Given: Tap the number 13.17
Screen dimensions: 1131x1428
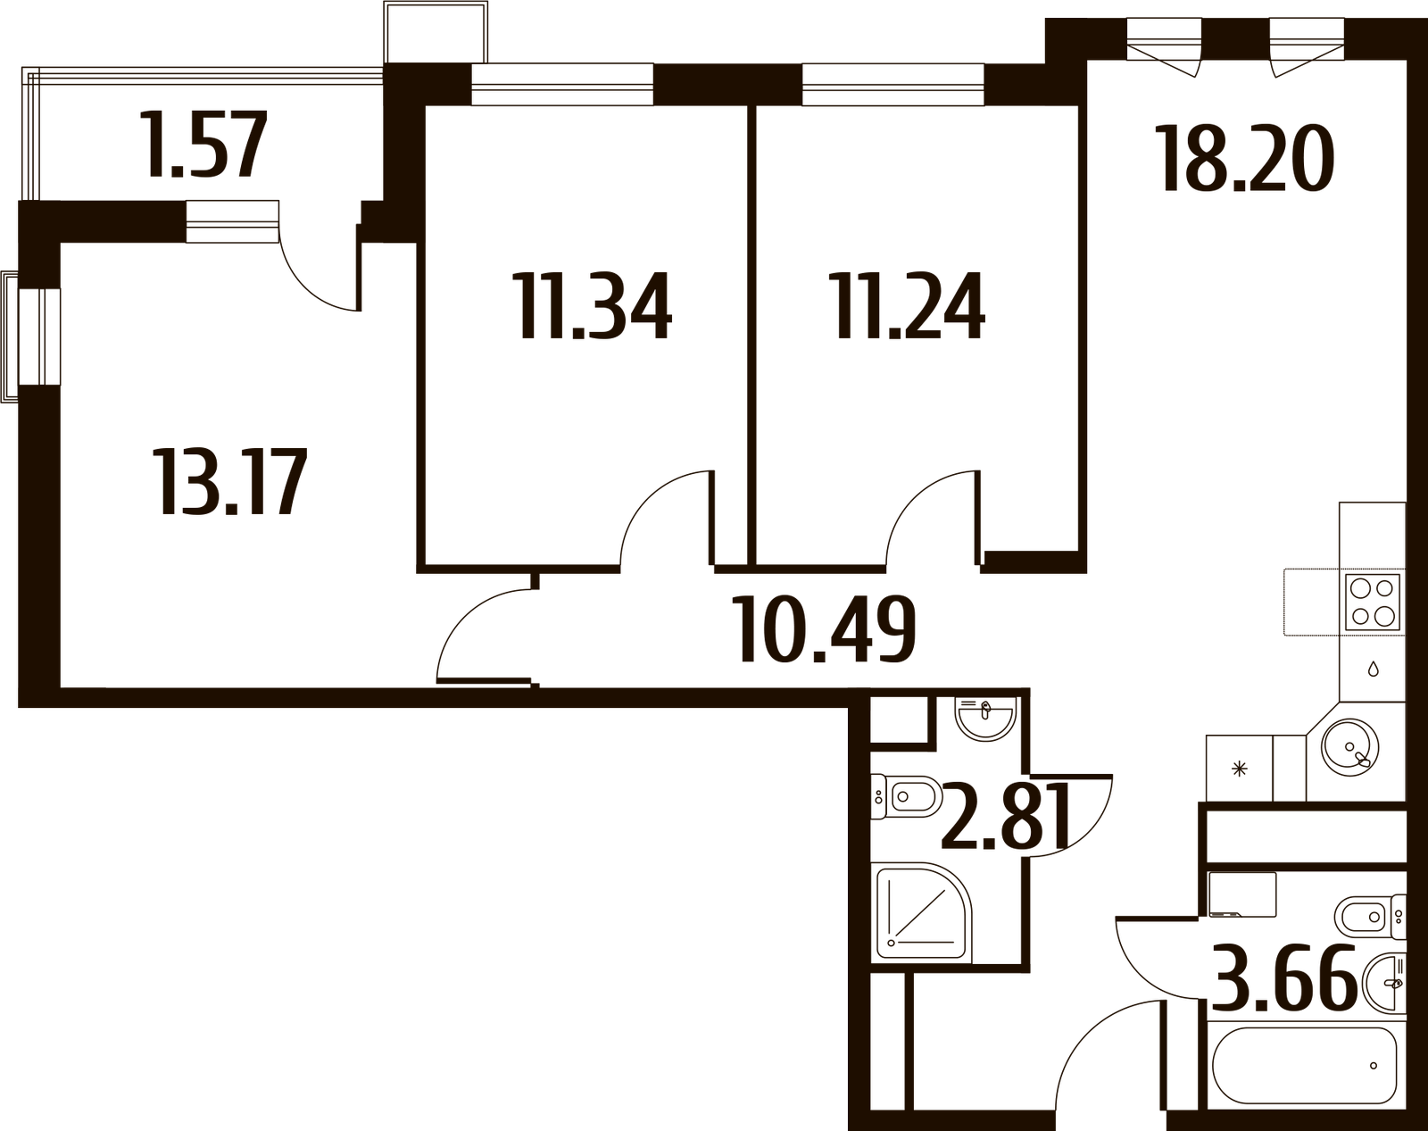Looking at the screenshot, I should pyautogui.click(x=231, y=482).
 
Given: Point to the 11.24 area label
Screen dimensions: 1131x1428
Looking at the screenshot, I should pyautogui.click(x=909, y=306).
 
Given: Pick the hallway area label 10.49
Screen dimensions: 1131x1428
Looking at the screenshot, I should pyautogui.click(x=826, y=630).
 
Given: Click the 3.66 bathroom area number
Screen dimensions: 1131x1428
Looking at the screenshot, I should pyautogui.click(x=1285, y=981).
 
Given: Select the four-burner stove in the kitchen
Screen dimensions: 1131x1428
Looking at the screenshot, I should pyautogui.click(x=1373, y=603).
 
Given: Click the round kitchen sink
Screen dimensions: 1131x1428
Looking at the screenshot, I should pyautogui.click(x=1350, y=743).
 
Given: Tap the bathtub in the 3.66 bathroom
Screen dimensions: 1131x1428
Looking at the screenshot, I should pyautogui.click(x=1305, y=1065).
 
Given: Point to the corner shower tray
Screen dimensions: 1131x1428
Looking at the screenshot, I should pyautogui.click(x=919, y=912).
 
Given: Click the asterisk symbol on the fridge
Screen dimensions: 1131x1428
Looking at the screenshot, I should pyautogui.click(x=1239, y=769).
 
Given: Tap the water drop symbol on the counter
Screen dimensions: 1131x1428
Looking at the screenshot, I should pyautogui.click(x=1373, y=668).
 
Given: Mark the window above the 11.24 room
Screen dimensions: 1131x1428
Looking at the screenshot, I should pyautogui.click(x=892, y=85).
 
